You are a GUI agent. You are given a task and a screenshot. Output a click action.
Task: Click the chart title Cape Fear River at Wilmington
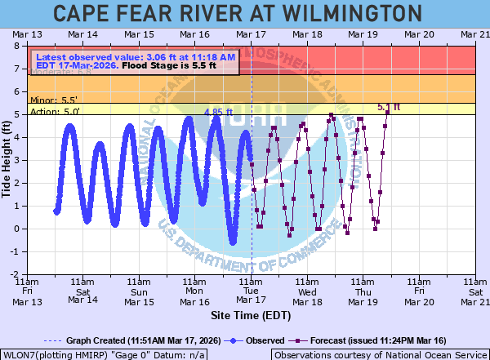[244, 14]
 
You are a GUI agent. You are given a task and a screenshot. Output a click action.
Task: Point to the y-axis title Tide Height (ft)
[8, 159]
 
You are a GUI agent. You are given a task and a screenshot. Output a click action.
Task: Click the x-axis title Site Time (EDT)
[251, 314]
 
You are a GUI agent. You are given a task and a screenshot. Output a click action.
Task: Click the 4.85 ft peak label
[218, 113]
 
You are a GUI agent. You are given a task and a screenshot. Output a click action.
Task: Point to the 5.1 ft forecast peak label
[389, 107]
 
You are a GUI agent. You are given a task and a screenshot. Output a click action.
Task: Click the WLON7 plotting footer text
[104, 354]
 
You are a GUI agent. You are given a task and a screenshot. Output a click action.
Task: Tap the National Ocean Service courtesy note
[379, 354]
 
